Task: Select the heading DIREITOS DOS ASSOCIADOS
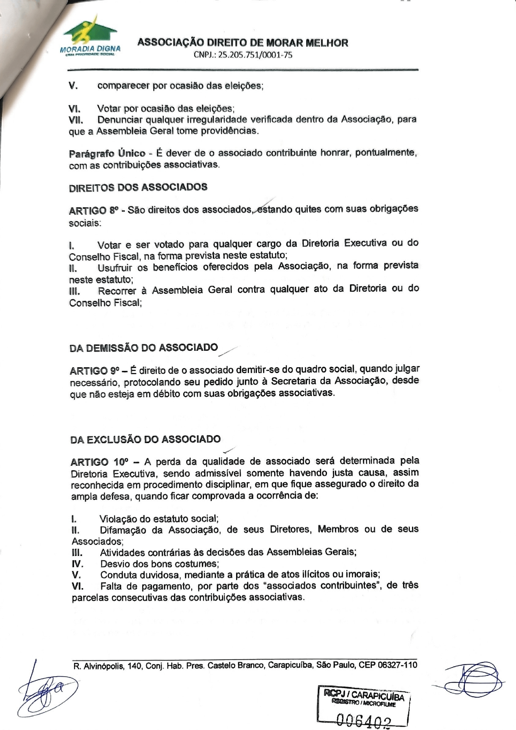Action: coord(138,187)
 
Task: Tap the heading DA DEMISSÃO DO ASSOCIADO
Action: coord(143,347)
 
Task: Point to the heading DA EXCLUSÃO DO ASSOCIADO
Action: coord(145,439)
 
